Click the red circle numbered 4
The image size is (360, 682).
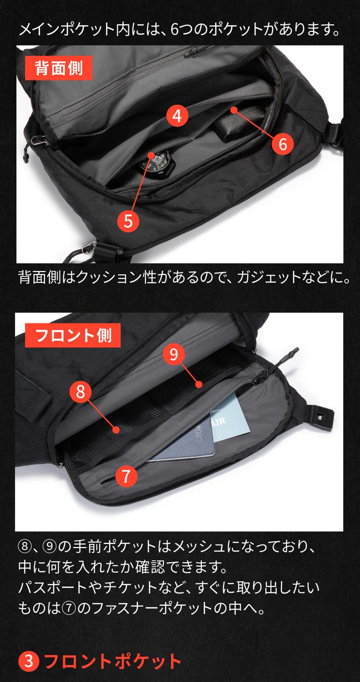(177, 116)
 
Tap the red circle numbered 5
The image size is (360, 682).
(128, 221)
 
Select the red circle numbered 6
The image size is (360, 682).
(283, 144)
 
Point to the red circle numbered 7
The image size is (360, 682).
(126, 476)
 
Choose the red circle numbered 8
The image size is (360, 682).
(80, 391)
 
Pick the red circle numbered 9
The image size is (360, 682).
(173, 354)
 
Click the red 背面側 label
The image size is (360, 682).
(59, 68)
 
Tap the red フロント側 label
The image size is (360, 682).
(73, 335)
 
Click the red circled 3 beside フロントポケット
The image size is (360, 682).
(29, 661)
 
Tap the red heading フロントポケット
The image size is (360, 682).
(113, 661)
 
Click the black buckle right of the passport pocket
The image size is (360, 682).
(319, 415)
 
